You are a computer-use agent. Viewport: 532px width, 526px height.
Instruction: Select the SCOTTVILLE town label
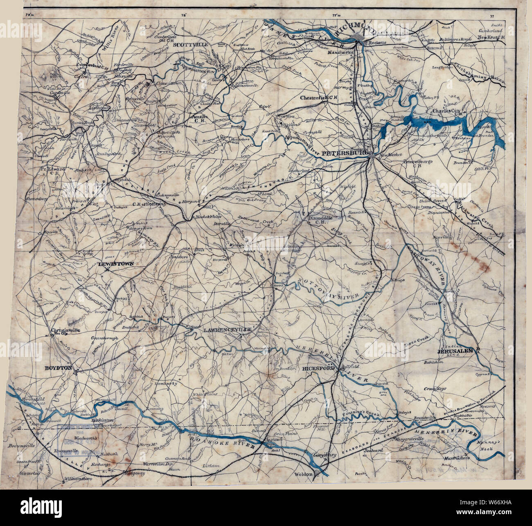191,45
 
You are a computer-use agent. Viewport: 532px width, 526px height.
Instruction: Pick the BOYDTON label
59,368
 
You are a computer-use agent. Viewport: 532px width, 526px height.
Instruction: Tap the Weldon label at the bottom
304,474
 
